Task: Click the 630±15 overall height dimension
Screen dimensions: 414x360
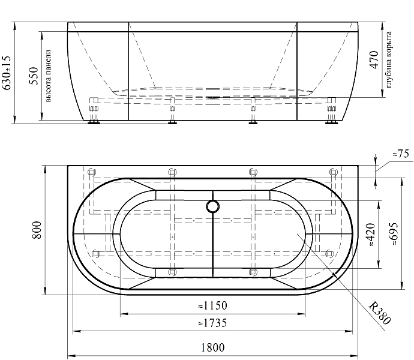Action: tap(6, 73)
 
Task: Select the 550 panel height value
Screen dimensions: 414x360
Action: tap(34, 76)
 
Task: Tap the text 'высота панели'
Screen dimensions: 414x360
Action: tap(49, 76)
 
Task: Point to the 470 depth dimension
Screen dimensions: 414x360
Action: tap(374, 59)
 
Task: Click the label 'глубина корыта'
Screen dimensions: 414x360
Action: tap(389, 59)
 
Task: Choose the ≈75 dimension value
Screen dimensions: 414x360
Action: tap(401, 154)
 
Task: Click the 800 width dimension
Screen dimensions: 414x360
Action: tap(37, 230)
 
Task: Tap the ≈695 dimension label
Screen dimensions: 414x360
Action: tap(394, 233)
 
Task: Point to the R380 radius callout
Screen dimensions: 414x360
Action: tap(379, 313)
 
